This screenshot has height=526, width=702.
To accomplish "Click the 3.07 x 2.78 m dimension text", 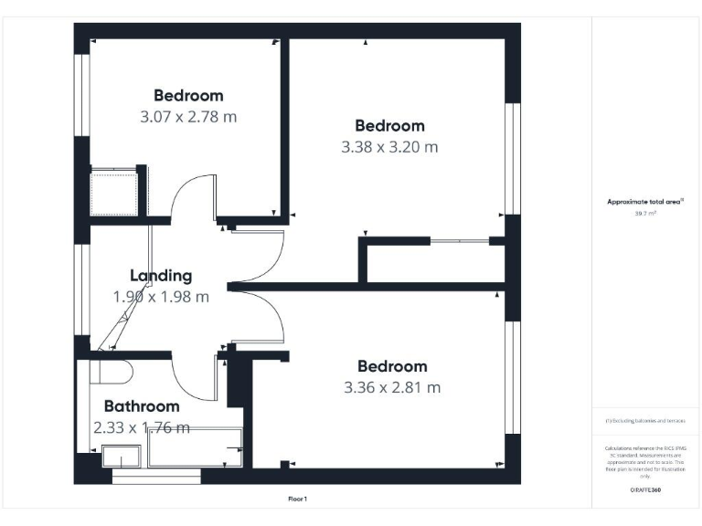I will click(x=188, y=117).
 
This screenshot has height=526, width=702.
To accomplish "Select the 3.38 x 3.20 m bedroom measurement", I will click(x=389, y=147).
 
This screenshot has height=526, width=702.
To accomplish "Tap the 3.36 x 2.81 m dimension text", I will click(x=392, y=387).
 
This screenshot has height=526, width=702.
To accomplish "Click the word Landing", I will click(x=161, y=275).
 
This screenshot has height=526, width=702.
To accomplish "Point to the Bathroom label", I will click(x=142, y=406).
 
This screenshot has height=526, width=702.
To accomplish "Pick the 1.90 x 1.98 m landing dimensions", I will click(x=161, y=297).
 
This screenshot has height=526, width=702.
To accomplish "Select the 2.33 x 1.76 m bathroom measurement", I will click(x=142, y=427).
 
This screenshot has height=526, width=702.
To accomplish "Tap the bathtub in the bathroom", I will click(x=194, y=447).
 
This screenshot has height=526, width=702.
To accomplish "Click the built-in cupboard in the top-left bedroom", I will click(x=112, y=190).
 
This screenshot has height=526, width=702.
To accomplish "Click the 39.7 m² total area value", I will click(x=645, y=213).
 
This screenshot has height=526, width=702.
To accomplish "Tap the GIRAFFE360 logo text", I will click(x=645, y=490).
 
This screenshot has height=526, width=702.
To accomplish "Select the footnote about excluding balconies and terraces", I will click(x=645, y=420).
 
